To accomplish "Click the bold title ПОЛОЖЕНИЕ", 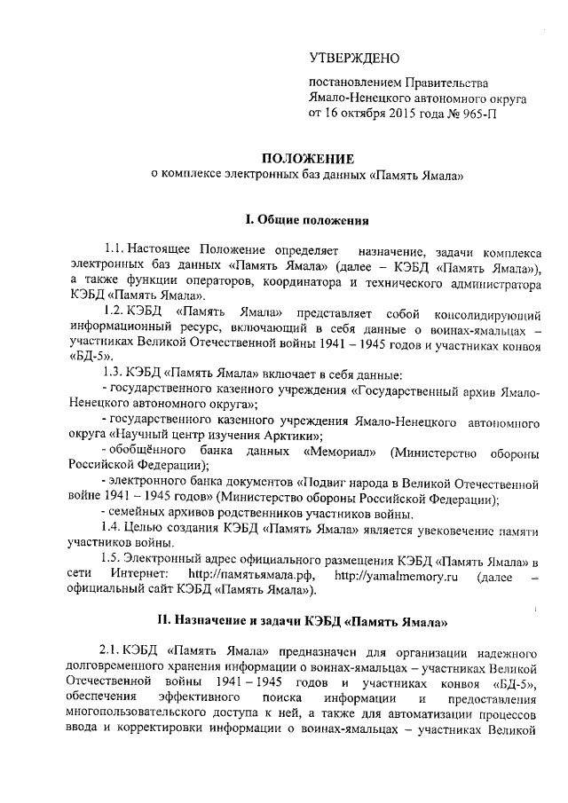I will (x=305, y=159).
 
